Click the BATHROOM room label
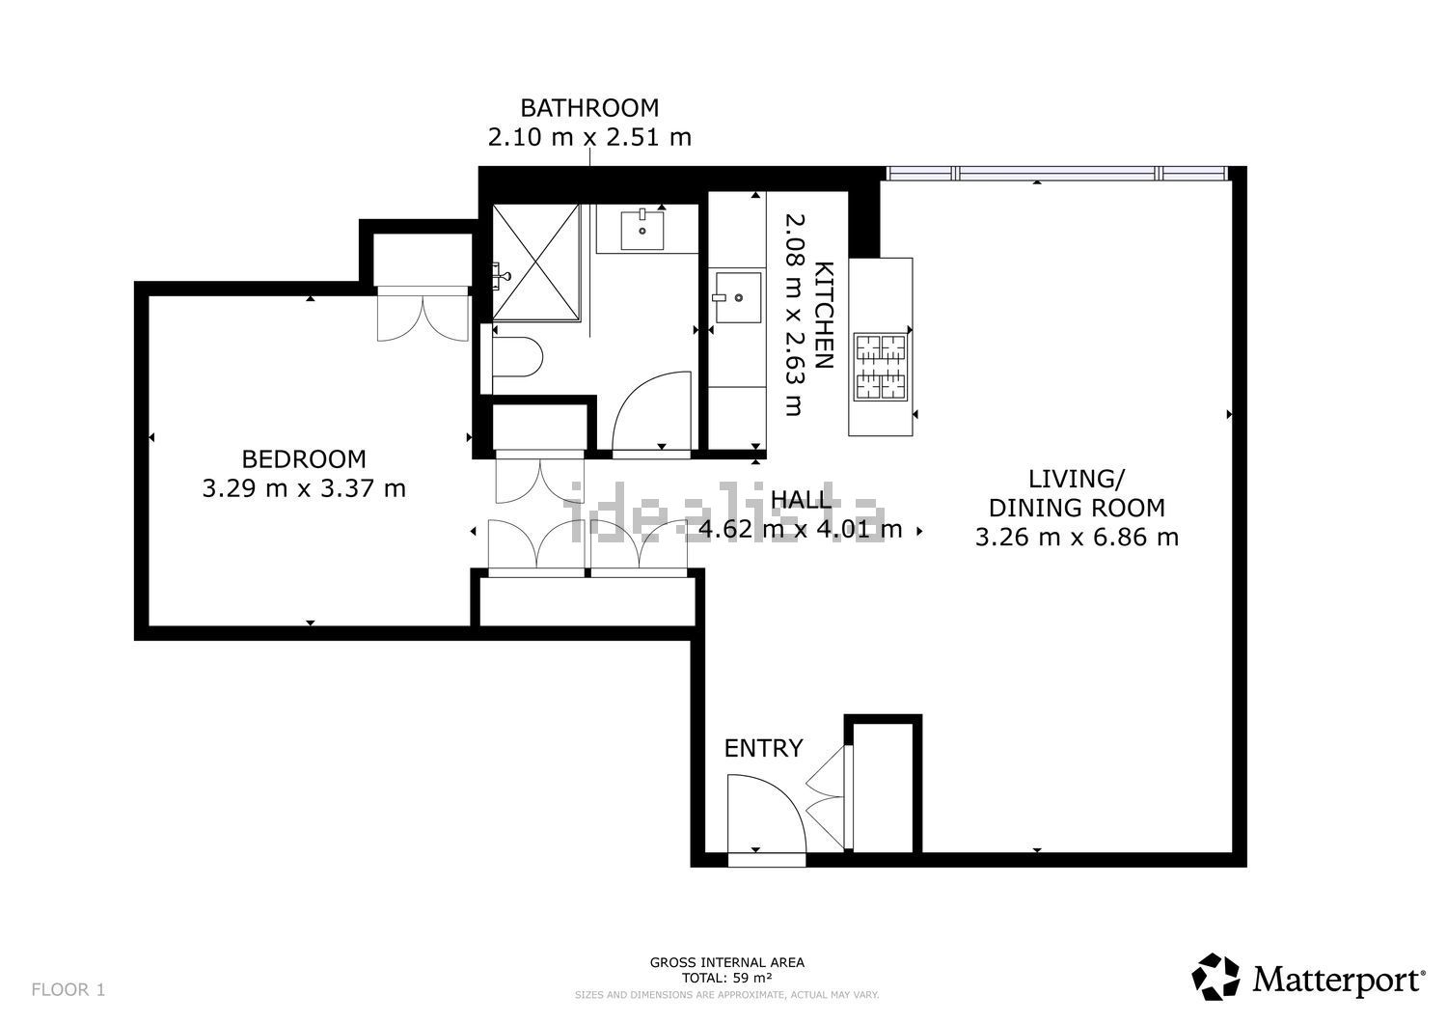click(589, 107)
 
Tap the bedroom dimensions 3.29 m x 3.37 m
click(304, 489)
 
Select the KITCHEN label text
click(823, 315)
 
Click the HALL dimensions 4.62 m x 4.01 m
click(800, 529)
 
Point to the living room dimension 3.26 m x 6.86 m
click(1077, 538)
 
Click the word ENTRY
click(763, 748)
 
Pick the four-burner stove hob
click(882, 367)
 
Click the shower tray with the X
click(536, 262)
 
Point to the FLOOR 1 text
click(68, 989)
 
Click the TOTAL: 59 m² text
click(726, 978)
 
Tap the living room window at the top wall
click(1057, 174)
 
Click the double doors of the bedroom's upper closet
click(422, 314)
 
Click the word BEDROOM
click(304, 459)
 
